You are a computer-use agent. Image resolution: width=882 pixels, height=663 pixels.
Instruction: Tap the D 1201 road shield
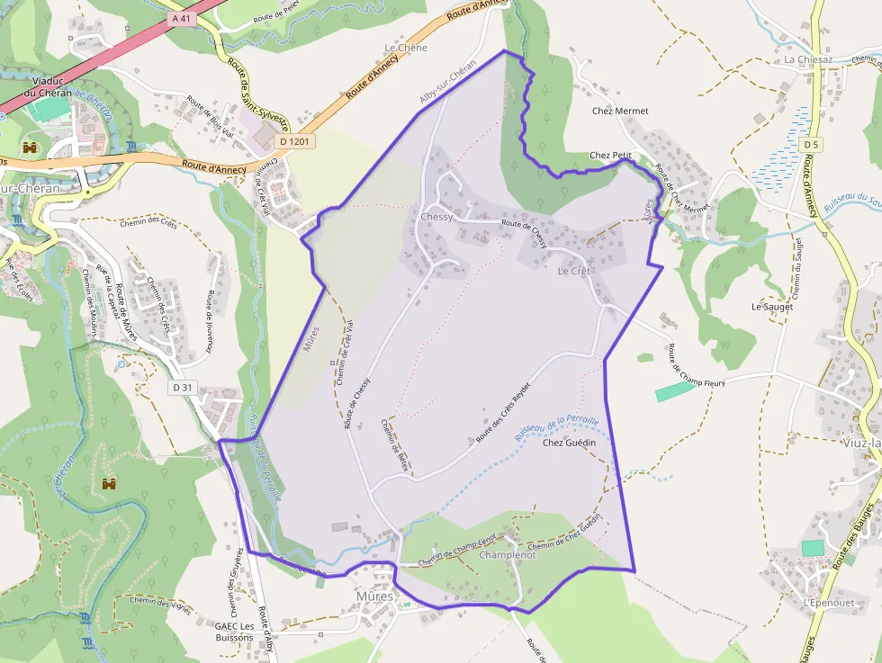295,141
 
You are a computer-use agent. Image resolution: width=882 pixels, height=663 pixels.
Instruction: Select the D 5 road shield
812,144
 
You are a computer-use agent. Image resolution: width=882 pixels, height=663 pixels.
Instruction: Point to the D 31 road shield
183,387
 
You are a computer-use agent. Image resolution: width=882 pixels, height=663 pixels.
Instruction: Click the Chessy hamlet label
436,217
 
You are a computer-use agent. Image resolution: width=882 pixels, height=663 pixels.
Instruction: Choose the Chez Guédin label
570,443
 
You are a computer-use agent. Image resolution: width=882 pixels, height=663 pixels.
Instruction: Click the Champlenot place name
508,555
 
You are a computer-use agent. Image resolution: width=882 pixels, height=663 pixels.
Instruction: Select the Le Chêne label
406,48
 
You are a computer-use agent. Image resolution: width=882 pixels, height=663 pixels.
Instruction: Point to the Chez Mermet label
620,112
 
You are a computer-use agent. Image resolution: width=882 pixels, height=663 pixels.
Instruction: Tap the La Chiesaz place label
808,60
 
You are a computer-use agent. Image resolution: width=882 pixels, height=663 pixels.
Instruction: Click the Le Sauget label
772,307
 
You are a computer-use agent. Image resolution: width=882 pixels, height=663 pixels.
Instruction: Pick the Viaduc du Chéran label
47,86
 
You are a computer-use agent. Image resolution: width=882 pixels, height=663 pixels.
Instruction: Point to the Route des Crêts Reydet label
503,411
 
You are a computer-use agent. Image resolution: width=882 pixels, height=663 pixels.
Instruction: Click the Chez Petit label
610,156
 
